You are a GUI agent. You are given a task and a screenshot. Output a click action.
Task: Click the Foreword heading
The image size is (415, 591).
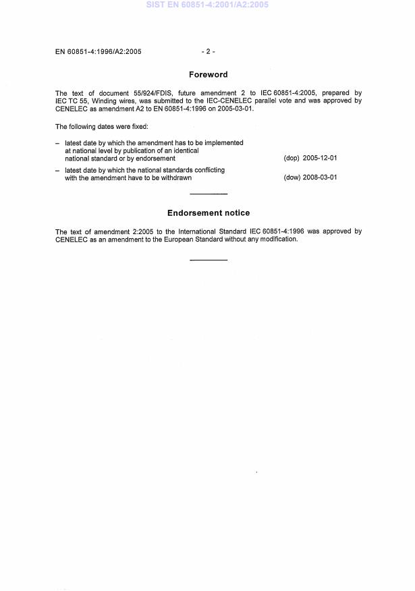(x=208, y=75)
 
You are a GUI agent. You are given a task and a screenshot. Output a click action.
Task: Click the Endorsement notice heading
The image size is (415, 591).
(x=208, y=213)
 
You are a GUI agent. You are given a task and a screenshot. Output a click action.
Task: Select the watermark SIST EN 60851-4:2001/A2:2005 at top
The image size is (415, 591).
(x=207, y=5)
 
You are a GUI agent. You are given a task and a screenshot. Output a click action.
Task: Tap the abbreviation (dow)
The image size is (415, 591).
(x=293, y=178)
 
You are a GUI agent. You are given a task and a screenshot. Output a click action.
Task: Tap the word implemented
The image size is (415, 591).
(x=223, y=143)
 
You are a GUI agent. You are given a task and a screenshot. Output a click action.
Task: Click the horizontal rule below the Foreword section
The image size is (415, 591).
(x=209, y=194)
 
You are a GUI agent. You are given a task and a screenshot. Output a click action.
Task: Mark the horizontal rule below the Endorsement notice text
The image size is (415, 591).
(x=209, y=260)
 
